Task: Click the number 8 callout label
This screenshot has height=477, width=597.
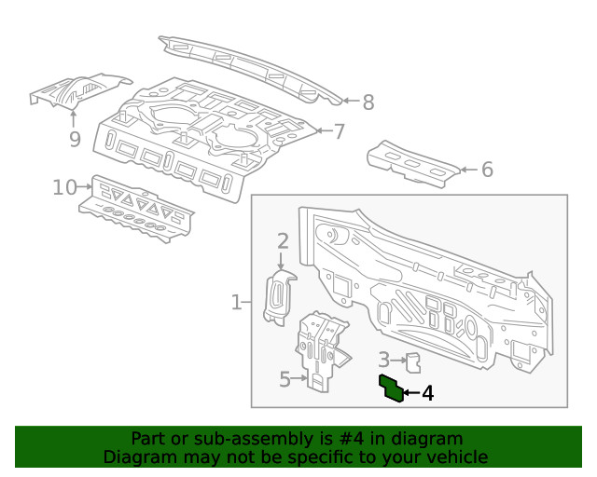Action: coord(368,102)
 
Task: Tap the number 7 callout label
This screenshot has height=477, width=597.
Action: coord(340,131)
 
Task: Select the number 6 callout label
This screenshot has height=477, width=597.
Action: coord(486,170)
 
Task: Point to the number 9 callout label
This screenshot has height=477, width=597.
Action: coord(75,140)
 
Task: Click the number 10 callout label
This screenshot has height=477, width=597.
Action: coord(63,188)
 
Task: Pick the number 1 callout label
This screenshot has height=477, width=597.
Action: coord(236,302)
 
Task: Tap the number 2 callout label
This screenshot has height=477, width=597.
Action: coord(282,243)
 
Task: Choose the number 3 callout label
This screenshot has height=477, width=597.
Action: coord(383,359)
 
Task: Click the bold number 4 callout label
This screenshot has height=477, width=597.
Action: coord(427,393)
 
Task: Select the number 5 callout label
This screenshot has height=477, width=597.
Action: coord(285,378)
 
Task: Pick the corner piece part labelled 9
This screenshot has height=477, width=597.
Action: coord(79,90)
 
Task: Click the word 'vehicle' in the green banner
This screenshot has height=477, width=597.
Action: coord(456,457)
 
